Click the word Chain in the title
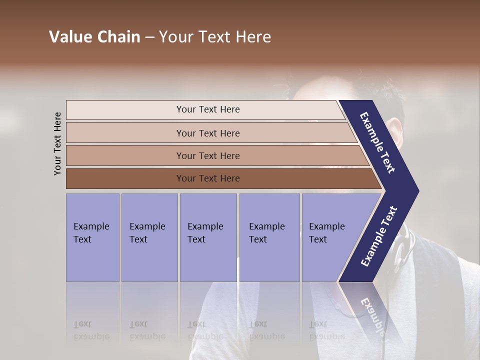pos(118,37)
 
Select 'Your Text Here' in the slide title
pos(215,37)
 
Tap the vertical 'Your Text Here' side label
pos(57,144)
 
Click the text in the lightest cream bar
pos(208,109)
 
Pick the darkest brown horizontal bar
pos(208,178)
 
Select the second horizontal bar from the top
pos(208,133)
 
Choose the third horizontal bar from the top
pos(208,156)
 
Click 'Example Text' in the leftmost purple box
pos(91,233)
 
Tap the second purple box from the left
pos(149,237)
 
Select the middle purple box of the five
pos(208,237)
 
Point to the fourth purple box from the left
pos(269,237)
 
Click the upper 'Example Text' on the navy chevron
pos(377,142)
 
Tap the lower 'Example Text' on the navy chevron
pos(378,236)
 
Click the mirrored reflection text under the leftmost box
pos(91,330)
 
